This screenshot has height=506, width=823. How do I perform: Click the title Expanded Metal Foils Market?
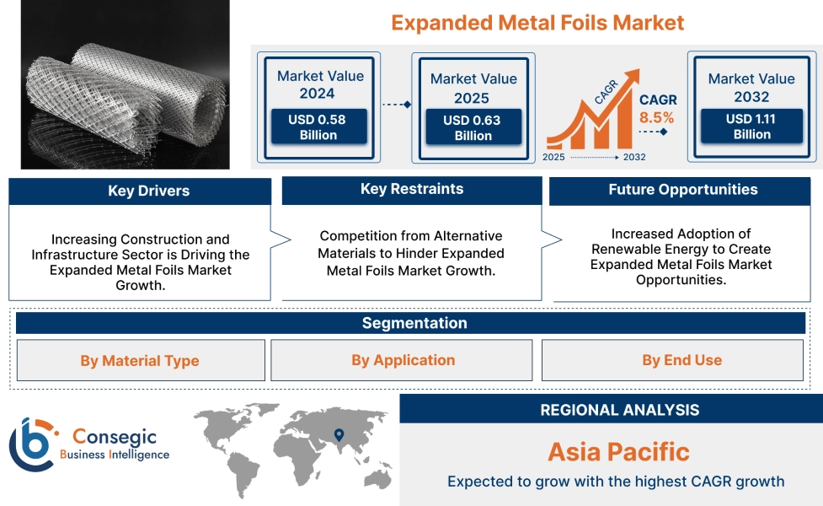[x=537, y=22]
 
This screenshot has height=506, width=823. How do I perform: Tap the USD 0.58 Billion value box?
[x=318, y=127]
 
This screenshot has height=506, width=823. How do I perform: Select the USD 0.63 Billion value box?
[x=472, y=128]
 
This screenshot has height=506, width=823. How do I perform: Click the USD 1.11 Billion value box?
[x=751, y=126]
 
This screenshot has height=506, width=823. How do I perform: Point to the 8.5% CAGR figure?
[x=657, y=117]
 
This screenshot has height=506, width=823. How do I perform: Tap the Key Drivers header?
[x=140, y=191]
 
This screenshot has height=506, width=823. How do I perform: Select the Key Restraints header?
[x=411, y=189]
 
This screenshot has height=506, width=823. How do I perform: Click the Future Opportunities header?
[x=682, y=190]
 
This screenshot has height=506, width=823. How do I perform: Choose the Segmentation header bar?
[x=414, y=323]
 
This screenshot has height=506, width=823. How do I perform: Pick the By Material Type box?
[x=140, y=361]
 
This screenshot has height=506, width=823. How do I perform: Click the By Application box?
[x=403, y=360]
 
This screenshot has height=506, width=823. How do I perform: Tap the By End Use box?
[x=681, y=360]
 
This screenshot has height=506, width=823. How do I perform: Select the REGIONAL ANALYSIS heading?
[x=619, y=410]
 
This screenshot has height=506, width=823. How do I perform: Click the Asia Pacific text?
[x=618, y=452]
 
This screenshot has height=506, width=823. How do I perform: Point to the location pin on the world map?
[x=339, y=435]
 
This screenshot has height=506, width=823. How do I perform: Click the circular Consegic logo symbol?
[x=31, y=444]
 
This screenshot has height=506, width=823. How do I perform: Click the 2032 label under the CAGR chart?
[x=634, y=157]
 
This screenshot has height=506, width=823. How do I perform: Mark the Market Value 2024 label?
[x=320, y=84]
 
